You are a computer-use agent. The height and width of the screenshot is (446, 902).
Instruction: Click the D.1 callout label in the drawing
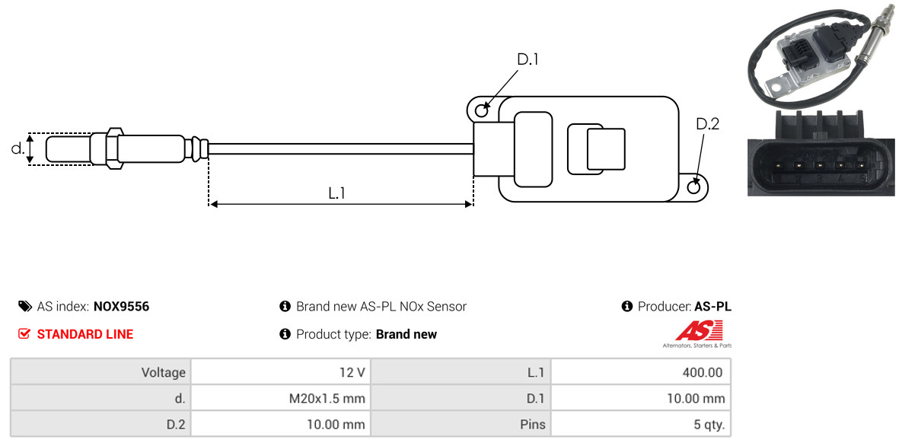pos(527,59)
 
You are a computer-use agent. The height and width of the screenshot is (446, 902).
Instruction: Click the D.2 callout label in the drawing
pos(708,124)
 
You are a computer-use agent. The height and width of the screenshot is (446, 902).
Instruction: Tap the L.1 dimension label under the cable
pos(336,193)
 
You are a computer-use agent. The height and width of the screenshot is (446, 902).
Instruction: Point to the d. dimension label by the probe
pos(18,148)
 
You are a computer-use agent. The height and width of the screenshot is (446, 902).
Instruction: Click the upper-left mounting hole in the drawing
pos(482,109)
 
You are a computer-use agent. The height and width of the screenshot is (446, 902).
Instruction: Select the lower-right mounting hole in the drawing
pos(694,187)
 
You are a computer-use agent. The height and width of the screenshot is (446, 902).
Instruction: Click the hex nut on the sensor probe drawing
pos(114,148)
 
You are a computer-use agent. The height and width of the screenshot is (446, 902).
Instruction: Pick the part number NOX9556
pos(121,307)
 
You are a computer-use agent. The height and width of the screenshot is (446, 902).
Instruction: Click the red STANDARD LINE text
pos(85,334)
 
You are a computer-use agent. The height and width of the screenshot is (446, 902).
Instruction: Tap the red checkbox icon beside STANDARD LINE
pos(24,334)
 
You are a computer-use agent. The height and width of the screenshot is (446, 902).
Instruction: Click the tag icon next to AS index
pos(24,306)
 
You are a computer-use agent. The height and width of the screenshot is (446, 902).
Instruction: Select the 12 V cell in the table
pos(281,372)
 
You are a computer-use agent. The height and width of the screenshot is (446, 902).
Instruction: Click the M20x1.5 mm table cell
pos(281,398)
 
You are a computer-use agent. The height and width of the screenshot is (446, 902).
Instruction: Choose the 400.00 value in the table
pos(641,372)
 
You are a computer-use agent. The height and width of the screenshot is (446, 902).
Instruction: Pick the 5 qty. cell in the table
pos(641,425)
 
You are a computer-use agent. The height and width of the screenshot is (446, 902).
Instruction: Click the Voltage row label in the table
pos(164,373)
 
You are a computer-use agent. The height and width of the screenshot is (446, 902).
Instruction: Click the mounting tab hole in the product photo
pos(778,88)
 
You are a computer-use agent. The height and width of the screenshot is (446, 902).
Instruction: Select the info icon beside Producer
pos(627,306)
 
